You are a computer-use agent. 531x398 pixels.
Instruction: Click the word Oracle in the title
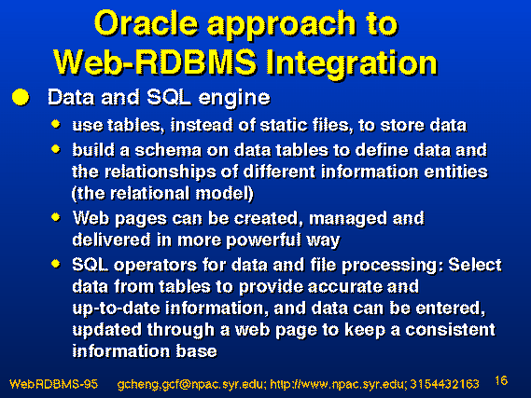coord(146,23)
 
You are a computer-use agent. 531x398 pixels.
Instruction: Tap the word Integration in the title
coord(352,63)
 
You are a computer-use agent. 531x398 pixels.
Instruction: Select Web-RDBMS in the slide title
coord(155,62)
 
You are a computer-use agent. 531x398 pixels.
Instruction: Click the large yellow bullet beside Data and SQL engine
coord(21,97)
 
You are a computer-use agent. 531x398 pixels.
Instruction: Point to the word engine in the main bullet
coord(234,99)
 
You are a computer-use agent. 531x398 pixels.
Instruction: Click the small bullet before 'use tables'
coord(56,124)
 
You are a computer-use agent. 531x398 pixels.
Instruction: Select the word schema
coord(168,150)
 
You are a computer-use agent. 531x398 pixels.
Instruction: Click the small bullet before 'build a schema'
coord(56,149)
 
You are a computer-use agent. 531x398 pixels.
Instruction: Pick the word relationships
coord(161,172)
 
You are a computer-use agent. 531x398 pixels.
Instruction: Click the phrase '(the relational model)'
coord(162,194)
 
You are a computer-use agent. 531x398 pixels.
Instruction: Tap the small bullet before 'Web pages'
coord(56,217)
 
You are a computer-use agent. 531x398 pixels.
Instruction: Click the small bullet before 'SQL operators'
coord(56,264)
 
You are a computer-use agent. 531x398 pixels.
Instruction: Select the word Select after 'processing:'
coord(475,265)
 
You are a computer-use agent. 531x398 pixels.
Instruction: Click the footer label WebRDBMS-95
coord(53,384)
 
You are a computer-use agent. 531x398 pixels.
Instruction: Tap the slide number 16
coord(501,380)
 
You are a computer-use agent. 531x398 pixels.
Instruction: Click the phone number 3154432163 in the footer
coord(444,384)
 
